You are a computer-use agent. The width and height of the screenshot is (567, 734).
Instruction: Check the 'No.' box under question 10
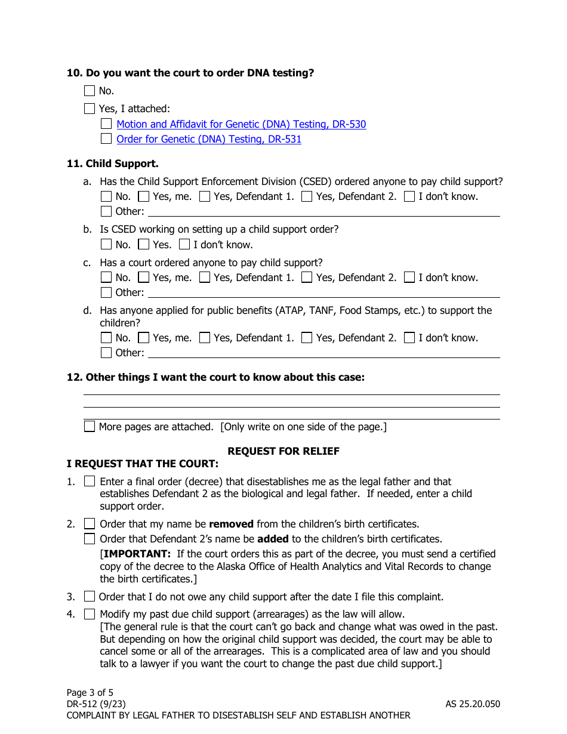click(90, 91)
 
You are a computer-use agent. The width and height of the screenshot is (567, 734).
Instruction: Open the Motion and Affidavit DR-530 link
click(241, 124)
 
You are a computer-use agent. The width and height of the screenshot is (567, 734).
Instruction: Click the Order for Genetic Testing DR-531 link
click(209, 139)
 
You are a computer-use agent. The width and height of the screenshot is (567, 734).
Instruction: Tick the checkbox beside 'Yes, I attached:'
click(90, 109)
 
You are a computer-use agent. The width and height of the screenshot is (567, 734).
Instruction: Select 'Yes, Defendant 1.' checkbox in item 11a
click(205, 196)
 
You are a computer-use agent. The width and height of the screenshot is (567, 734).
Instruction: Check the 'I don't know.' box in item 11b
click(184, 244)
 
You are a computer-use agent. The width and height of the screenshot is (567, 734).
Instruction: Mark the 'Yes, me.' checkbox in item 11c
click(143, 277)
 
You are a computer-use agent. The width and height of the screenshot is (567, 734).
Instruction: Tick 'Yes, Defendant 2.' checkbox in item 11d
click(307, 338)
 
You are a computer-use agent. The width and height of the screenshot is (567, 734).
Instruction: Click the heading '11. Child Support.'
click(112, 164)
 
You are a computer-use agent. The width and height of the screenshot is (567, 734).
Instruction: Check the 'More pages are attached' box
click(90, 426)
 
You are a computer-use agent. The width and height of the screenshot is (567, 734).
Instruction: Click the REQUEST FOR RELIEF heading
click(283, 451)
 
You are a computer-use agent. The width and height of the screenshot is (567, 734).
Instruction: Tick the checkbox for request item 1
click(90, 481)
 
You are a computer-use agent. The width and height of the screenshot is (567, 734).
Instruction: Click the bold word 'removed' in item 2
click(231, 524)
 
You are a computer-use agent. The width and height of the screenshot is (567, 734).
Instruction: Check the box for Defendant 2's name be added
click(90, 539)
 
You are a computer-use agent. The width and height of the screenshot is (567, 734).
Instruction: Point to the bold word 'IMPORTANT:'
click(137, 554)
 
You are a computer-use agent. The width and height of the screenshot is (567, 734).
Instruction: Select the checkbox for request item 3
click(90, 596)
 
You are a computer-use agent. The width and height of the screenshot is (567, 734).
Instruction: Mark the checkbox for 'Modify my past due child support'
click(90, 613)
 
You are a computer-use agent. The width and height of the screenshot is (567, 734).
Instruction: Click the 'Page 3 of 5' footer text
click(90, 693)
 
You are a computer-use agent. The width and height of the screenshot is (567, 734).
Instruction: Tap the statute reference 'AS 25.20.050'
click(472, 704)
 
